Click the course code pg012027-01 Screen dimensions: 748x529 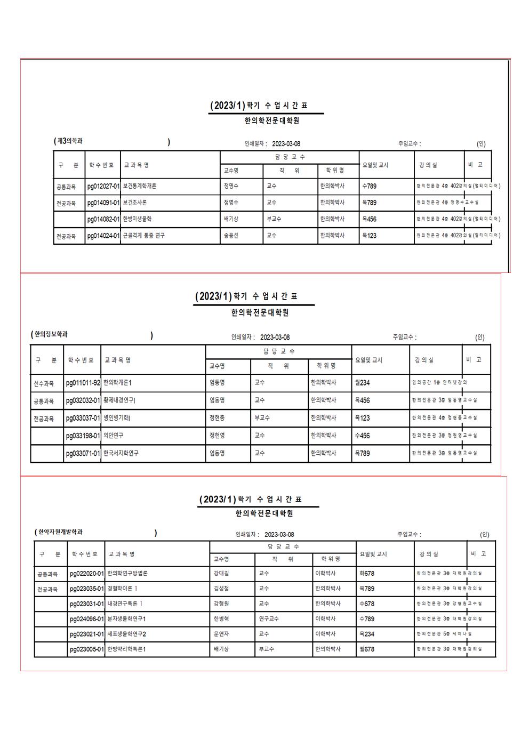(x=103, y=187)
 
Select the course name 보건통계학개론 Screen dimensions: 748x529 (x=140, y=187)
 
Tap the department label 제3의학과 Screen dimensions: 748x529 (x=70, y=141)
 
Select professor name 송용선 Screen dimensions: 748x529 (x=231, y=236)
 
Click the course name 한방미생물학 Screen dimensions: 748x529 (x=138, y=219)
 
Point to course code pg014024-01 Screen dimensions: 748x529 (x=103, y=236)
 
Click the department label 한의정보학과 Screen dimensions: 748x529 (x=51, y=334)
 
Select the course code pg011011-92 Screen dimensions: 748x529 (x=83, y=383)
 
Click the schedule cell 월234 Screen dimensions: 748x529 (x=362, y=383)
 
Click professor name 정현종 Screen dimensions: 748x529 (x=217, y=418)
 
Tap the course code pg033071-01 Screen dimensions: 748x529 (x=83, y=453)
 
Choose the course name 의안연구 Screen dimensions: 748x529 (x=114, y=436)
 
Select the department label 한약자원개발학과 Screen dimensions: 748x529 (x=61, y=532)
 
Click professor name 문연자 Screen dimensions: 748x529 (x=221, y=634)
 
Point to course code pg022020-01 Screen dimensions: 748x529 (x=87, y=574)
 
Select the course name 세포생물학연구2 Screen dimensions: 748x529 (x=127, y=634)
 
